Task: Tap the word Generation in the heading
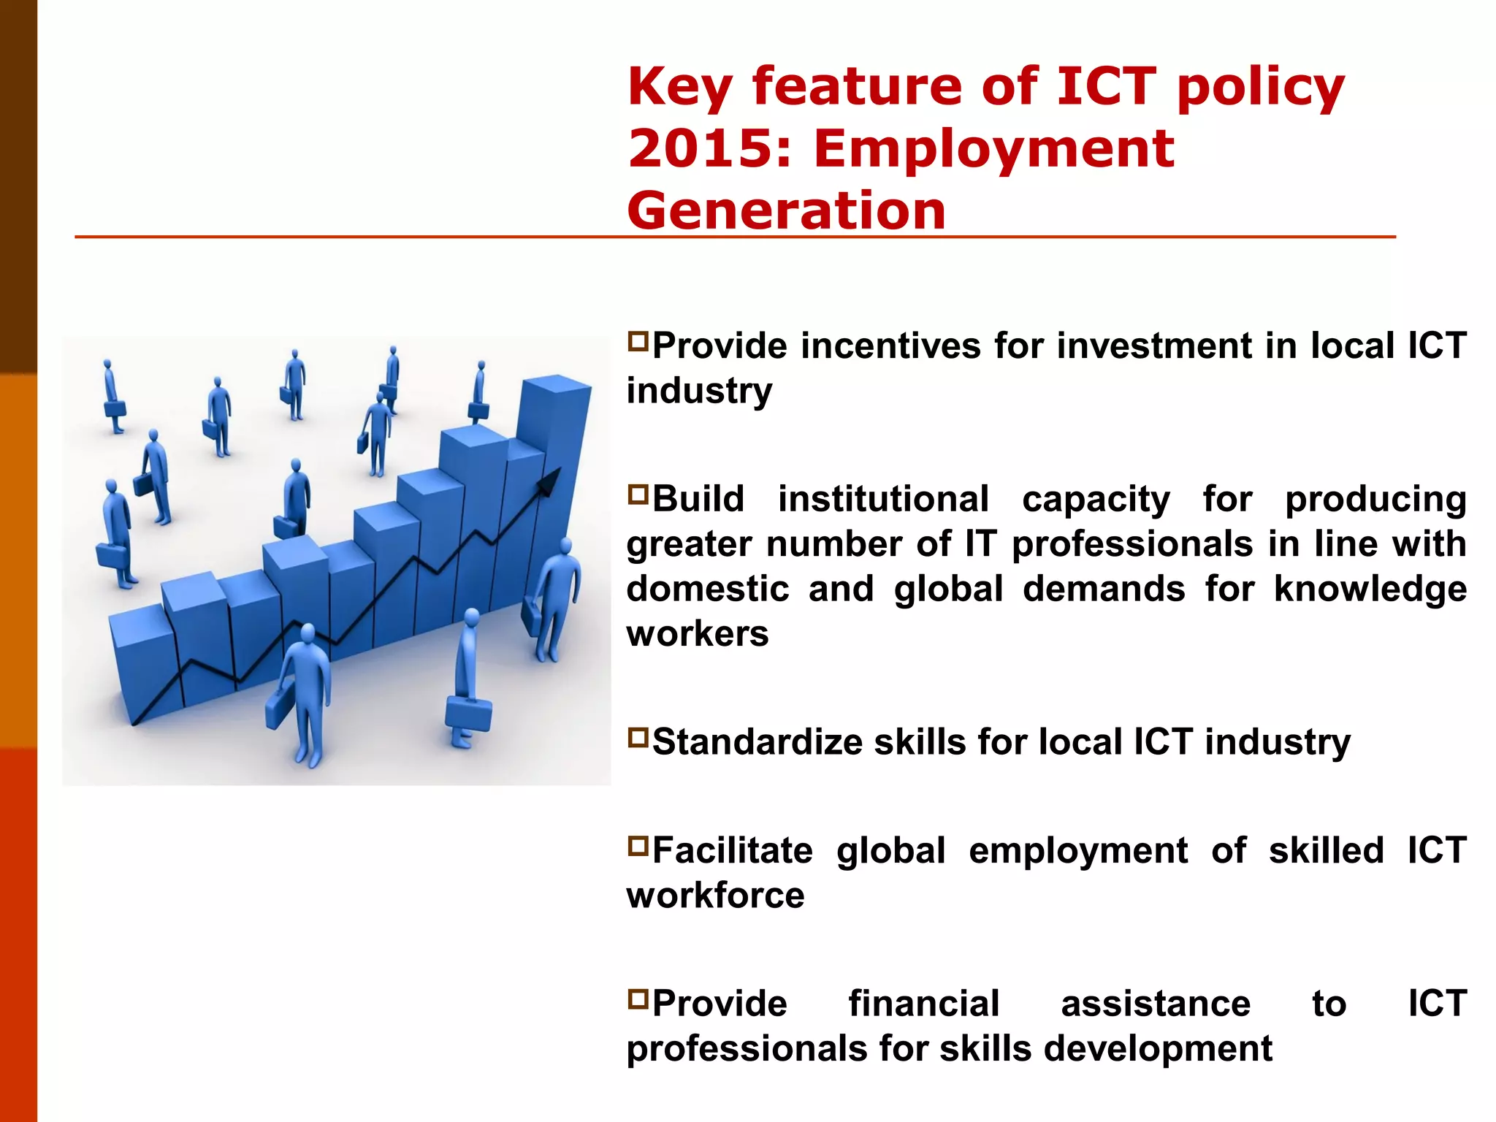786,210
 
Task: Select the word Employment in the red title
993,148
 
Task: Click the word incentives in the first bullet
890,346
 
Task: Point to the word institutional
882,500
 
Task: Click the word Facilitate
732,851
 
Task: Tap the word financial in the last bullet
923,1004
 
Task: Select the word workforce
715,896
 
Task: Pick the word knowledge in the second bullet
1370,589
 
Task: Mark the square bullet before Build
638,495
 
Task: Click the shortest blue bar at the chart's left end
142,665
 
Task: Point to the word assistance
1155,1004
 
